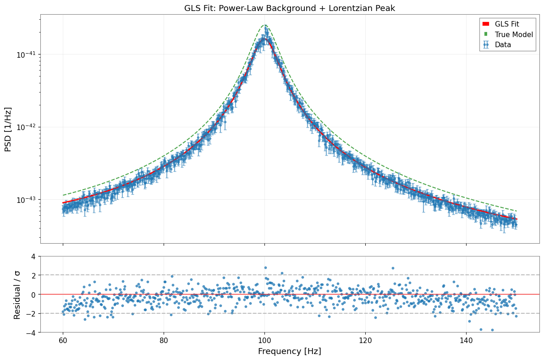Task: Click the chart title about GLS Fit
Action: coord(289,8)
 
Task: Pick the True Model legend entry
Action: coord(508,34)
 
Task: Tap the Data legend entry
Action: coord(496,45)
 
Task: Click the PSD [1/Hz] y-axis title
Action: coord(8,129)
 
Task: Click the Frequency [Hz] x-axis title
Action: coord(289,351)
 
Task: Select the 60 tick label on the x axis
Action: coord(63,340)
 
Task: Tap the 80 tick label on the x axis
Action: coord(164,340)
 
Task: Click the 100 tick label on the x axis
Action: coord(264,340)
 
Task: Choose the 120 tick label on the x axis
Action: coord(365,340)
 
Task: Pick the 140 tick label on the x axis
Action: coord(466,340)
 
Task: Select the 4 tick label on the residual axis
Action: coord(33,256)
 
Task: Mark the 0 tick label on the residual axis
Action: coord(33,295)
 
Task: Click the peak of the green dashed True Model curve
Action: coord(265,25)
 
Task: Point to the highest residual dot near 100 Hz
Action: coord(265,268)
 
